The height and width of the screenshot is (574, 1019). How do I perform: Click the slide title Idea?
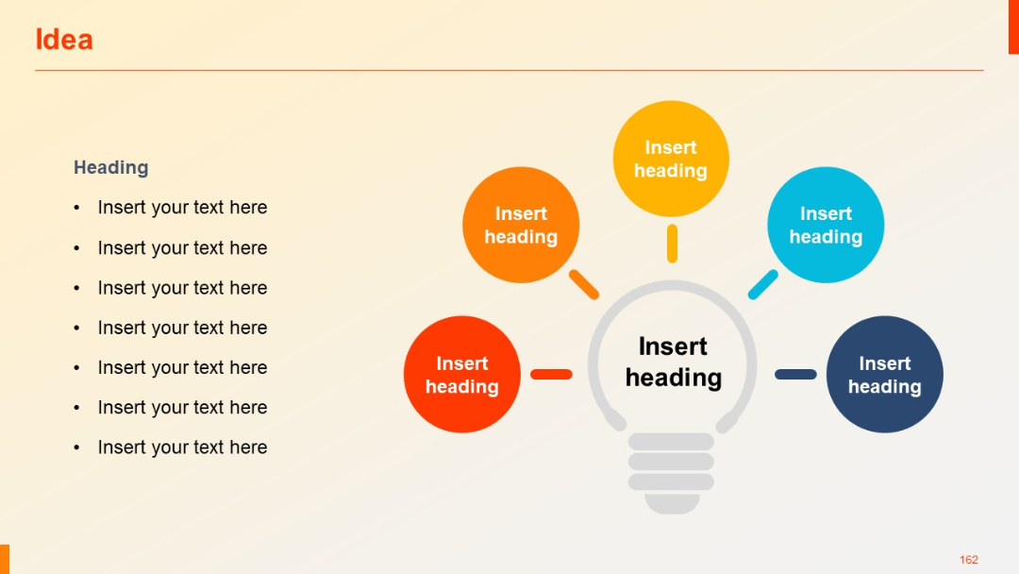tap(64, 40)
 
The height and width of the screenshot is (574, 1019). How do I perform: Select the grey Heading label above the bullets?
tap(111, 167)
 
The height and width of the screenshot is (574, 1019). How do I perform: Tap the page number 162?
tap(969, 560)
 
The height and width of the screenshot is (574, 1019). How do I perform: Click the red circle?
tap(461, 375)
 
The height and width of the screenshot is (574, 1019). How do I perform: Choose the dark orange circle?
tap(521, 225)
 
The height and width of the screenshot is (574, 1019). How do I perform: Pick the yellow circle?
tap(671, 159)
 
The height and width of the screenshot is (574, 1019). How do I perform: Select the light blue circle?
tap(826, 225)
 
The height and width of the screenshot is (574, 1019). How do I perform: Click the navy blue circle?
tap(884, 375)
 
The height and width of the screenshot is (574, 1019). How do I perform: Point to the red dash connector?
tap(551, 375)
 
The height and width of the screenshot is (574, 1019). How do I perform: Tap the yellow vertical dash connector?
tap(672, 244)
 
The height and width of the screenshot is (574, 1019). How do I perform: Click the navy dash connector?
tap(795, 375)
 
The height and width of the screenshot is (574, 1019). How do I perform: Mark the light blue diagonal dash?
tap(763, 285)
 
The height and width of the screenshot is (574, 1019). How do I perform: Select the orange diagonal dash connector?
tap(584, 285)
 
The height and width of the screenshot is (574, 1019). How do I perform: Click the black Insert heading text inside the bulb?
tap(673, 362)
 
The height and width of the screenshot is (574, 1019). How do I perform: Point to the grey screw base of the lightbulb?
tap(672, 472)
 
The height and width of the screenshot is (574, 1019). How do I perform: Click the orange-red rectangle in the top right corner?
tap(1013, 26)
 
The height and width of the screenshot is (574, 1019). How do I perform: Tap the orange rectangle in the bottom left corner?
tap(5, 559)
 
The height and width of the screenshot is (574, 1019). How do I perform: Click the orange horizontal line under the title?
tap(509, 71)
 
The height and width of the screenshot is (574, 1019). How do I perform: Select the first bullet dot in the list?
tap(76, 208)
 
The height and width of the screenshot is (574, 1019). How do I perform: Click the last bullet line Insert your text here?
tap(182, 447)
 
